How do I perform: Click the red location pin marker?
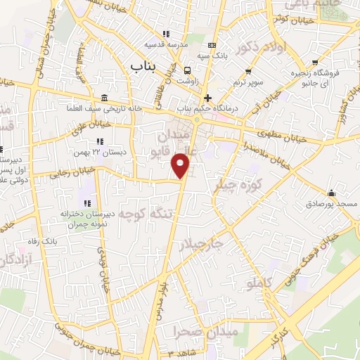pyautogui.click(x=181, y=165)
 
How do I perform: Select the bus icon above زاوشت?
pyautogui.click(x=188, y=70)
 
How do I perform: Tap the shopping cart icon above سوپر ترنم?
pyautogui.click(x=250, y=71)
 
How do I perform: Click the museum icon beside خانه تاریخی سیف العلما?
pyautogui.click(x=104, y=97)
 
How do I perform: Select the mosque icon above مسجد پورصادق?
pyautogui.click(x=331, y=193)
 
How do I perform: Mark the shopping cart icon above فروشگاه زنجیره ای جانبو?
pyautogui.click(x=316, y=61)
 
